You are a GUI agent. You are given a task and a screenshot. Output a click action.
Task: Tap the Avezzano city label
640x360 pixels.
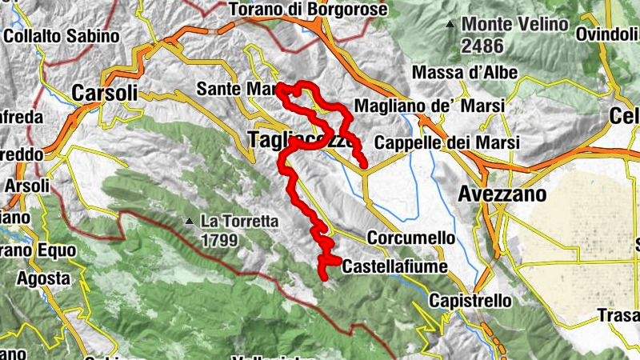coord(502,194)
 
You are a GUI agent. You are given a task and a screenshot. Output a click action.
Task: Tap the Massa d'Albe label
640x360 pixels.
coord(464,73)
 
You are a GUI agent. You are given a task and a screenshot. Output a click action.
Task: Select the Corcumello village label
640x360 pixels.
coord(410,238)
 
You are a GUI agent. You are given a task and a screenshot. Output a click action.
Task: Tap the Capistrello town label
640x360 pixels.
coord(470,301)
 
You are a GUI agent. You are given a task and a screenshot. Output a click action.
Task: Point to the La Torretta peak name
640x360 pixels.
coord(239,221)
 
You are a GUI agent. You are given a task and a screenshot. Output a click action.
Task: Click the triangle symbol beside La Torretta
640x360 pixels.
coord(189,221)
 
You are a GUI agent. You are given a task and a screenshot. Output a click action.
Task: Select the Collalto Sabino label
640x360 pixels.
coord(62,36)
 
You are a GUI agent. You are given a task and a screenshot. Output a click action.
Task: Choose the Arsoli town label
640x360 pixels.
coord(26,186)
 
